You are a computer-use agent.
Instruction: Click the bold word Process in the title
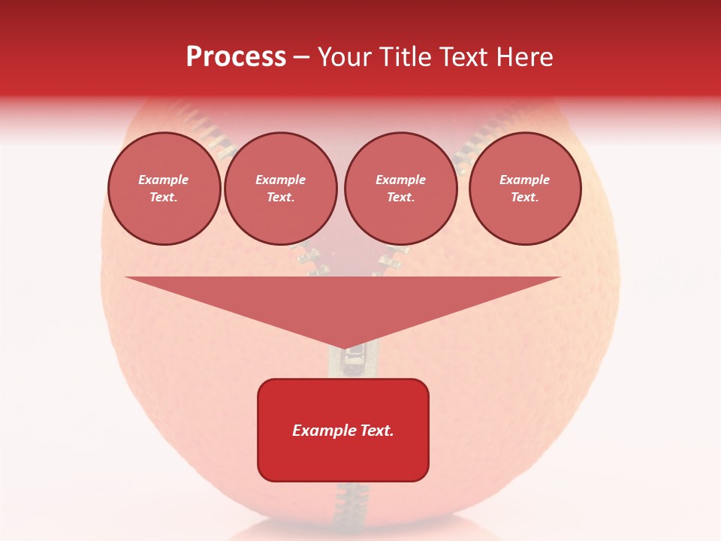236,57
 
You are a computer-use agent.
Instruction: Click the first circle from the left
164,189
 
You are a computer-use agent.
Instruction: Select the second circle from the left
281,189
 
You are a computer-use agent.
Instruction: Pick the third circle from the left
401,189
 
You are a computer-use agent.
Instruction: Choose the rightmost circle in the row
525,189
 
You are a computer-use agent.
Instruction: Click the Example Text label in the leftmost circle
164,189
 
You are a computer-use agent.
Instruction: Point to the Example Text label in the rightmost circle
525,189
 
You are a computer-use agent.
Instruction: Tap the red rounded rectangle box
343,458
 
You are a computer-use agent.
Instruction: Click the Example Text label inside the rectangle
343,431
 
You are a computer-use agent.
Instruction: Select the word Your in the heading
343,57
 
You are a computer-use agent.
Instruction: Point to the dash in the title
301,57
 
